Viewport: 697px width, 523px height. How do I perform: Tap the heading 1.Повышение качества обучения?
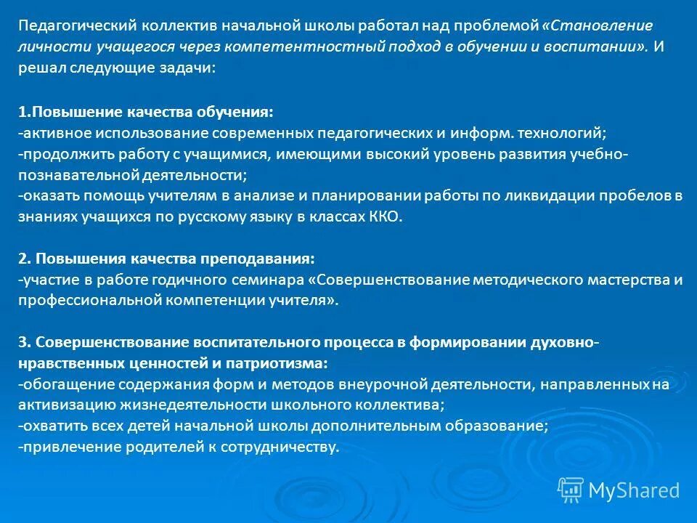(146, 113)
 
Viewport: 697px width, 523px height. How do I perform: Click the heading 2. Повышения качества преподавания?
(166, 259)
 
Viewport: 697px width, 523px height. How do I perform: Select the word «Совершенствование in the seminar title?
(389, 280)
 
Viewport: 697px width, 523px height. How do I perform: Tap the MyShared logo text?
(633, 491)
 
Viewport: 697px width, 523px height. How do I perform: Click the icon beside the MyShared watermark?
(571, 490)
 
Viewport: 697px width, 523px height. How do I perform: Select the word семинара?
(275, 280)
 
